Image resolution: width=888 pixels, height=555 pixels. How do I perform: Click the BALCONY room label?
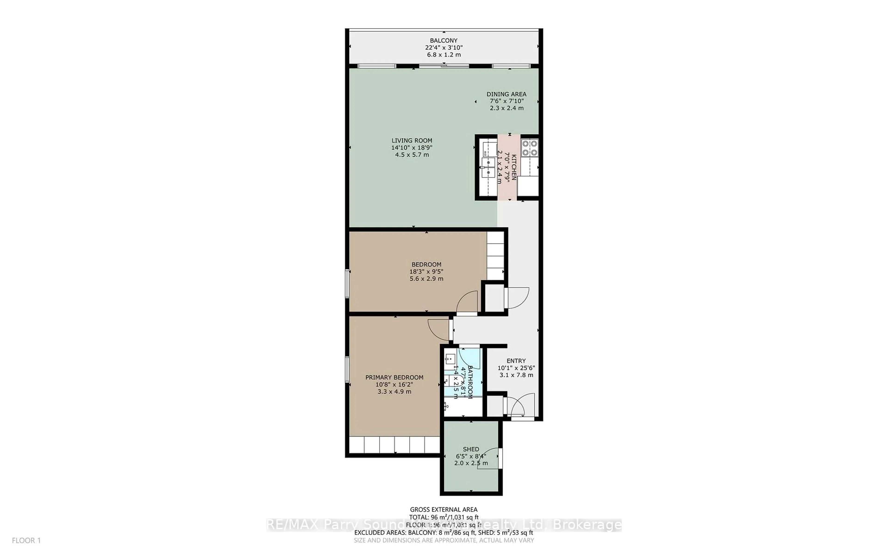(444, 40)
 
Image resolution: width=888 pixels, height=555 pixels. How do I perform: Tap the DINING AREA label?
(506, 94)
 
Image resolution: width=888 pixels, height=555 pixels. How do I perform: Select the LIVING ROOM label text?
(412, 140)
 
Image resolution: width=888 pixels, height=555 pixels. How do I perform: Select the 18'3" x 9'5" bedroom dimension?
(426, 272)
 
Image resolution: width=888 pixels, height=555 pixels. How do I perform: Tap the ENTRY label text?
(516, 361)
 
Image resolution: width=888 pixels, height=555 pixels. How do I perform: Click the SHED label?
(471, 449)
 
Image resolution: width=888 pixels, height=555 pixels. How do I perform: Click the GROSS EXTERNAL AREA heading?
(444, 509)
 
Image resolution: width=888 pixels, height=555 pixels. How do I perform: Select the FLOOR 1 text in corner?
(26, 540)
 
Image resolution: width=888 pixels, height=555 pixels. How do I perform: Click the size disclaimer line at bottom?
(444, 540)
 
